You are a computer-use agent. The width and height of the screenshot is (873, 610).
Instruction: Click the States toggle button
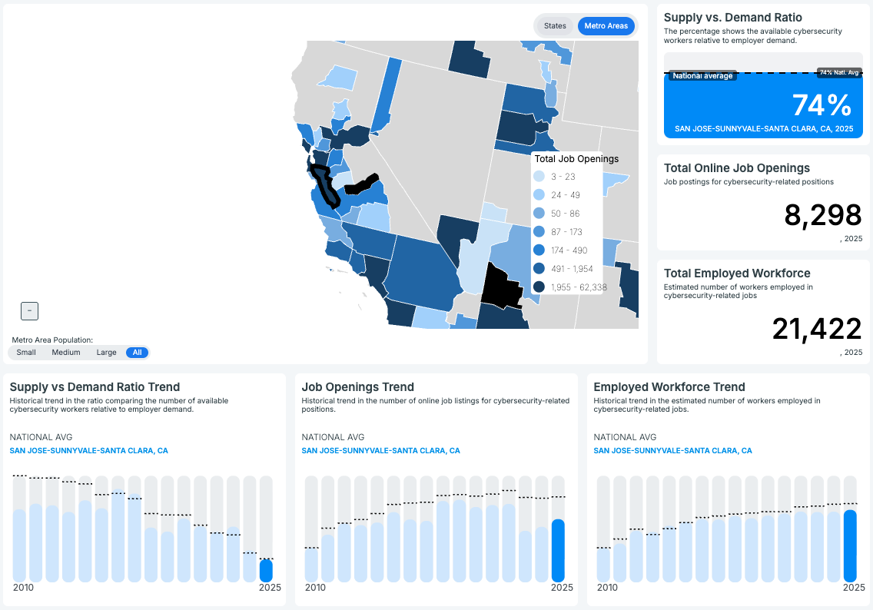point(555,26)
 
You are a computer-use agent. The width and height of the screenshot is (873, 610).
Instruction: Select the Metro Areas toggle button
point(606,26)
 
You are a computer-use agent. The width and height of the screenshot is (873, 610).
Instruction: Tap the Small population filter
point(26,353)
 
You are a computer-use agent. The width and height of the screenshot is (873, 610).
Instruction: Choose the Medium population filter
point(66,353)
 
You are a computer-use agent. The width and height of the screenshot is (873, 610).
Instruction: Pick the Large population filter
point(107,353)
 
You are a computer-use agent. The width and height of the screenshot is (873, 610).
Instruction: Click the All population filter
point(138,353)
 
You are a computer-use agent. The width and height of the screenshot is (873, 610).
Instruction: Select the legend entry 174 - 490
point(569,250)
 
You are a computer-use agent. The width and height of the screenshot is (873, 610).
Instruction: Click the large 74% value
point(822,105)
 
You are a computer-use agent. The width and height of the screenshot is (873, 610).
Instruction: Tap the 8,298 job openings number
point(823,216)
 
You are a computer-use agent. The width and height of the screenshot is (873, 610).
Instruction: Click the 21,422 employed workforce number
point(817,329)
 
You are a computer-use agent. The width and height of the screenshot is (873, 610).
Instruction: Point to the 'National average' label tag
point(702,76)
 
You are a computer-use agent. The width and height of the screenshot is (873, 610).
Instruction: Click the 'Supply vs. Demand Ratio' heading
point(732,18)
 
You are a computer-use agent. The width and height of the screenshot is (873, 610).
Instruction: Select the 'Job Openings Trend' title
point(358,387)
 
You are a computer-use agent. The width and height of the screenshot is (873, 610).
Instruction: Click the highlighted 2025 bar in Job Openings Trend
point(558,550)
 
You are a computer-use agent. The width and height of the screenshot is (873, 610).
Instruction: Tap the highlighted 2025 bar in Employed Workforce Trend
point(850,545)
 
